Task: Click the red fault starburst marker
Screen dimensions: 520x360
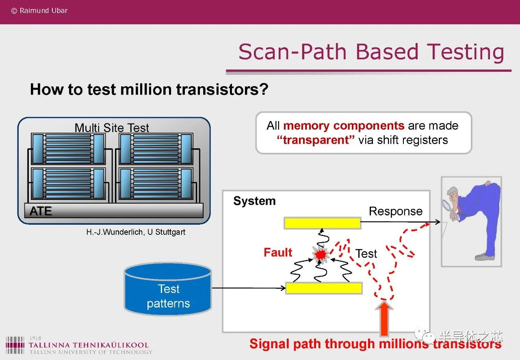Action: point(321,254)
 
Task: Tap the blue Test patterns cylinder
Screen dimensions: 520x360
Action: point(168,289)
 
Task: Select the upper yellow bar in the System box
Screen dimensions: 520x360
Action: point(323,223)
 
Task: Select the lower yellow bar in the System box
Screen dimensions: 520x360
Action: point(324,288)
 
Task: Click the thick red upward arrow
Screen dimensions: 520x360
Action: point(384,318)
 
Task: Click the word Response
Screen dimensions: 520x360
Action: point(396,211)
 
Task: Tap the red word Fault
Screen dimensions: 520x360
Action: point(278,252)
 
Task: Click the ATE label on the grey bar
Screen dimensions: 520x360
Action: point(41,211)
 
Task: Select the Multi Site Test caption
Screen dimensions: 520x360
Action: point(112,128)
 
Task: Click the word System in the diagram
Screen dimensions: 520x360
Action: point(254,201)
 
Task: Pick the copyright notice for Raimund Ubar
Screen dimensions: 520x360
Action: point(39,11)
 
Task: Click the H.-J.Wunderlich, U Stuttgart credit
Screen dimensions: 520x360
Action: point(136,232)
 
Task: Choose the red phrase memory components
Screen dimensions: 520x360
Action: point(344,126)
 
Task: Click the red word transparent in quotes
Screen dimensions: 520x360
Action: point(316,140)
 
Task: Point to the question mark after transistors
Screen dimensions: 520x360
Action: point(264,89)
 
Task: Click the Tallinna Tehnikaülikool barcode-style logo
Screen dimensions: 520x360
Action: point(15,345)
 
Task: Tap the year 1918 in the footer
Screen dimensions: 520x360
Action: point(35,338)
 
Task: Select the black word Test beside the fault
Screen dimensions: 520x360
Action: point(366,254)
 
